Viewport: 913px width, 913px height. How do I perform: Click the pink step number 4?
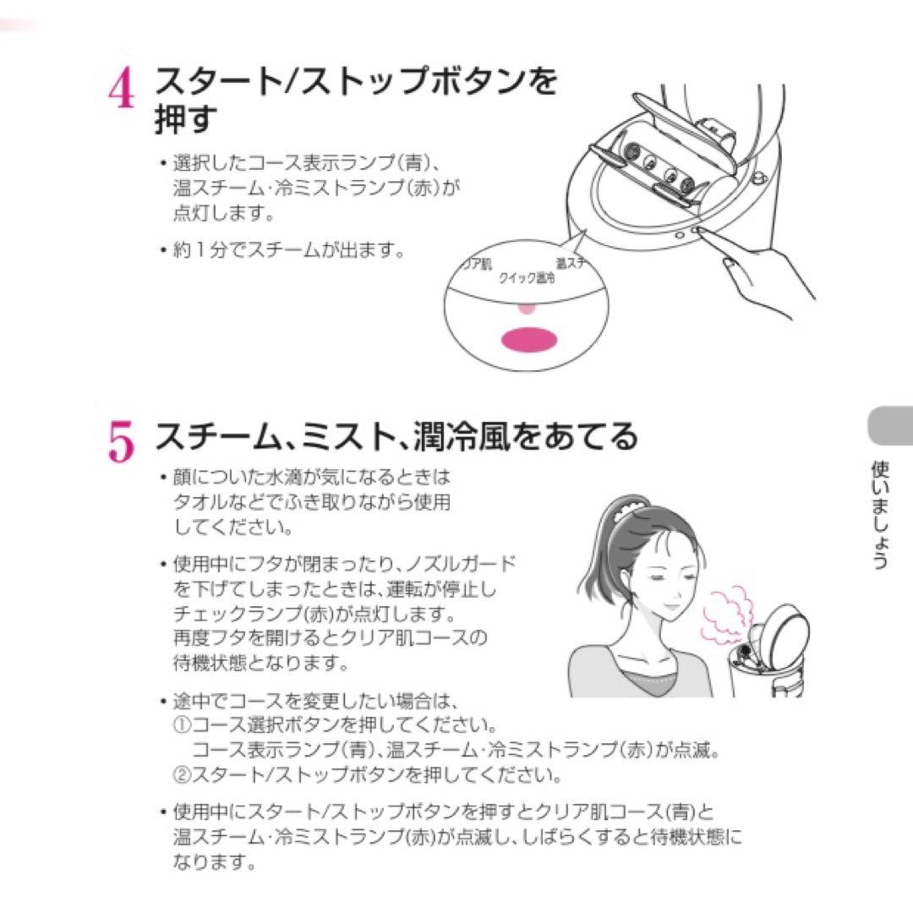click(x=121, y=88)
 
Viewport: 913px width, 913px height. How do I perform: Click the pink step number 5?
click(x=121, y=442)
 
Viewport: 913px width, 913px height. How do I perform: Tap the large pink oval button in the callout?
click(x=528, y=340)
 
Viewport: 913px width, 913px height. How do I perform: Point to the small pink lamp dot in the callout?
click(x=526, y=308)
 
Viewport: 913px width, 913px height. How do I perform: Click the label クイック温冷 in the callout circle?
click(x=527, y=278)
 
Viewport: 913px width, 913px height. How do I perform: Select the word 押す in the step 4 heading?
click(x=186, y=118)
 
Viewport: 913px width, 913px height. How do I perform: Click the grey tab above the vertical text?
click(x=890, y=425)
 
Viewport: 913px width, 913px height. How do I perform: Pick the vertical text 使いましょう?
click(x=880, y=515)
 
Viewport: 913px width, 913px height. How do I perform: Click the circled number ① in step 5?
click(x=183, y=725)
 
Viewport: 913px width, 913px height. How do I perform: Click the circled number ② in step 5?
click(x=183, y=774)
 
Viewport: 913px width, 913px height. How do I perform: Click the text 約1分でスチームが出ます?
click(x=288, y=250)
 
